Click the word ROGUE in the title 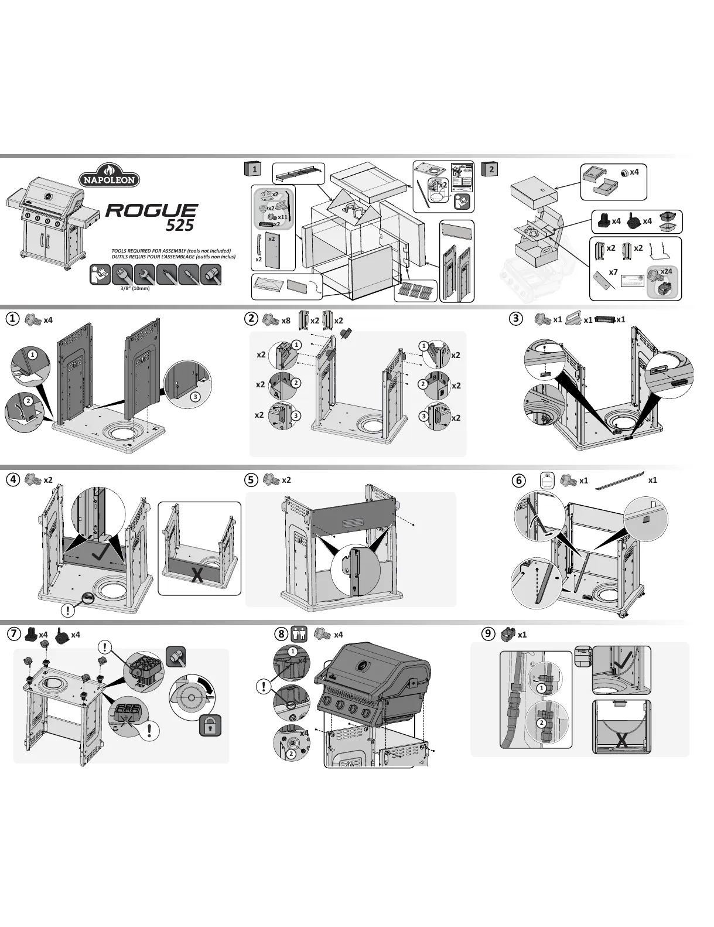tap(152, 211)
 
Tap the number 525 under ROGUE tap(179, 224)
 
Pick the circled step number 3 tap(515, 319)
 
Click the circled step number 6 tap(518, 480)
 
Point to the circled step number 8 tap(282, 634)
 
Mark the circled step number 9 tap(487, 633)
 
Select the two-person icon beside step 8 tap(299, 635)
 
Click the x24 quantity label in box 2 tap(666, 271)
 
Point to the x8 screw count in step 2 tap(286, 321)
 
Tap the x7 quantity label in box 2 tap(613, 272)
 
